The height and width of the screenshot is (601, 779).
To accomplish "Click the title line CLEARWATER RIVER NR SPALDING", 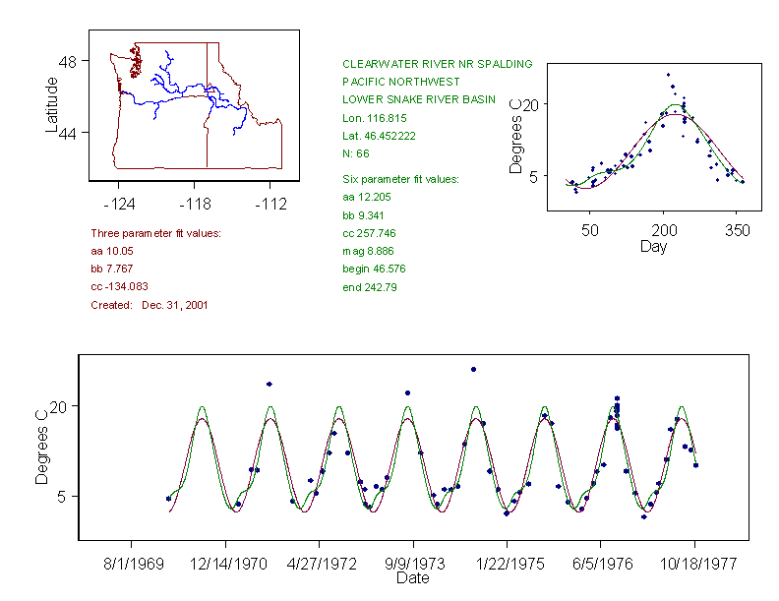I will [437, 64].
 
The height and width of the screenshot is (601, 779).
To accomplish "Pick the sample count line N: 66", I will [356, 153].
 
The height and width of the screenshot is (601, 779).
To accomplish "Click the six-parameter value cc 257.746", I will [369, 234].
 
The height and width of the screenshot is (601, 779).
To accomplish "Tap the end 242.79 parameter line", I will [369, 287].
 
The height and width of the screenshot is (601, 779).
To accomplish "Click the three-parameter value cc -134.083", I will [119, 287].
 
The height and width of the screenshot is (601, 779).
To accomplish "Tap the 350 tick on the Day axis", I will [738, 230].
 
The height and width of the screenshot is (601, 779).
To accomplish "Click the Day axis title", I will [652, 246].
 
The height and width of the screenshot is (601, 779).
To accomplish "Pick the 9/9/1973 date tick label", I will [412, 565].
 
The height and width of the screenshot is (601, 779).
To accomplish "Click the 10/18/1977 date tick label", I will [694, 565].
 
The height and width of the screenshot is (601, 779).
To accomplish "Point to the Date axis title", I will [412, 578].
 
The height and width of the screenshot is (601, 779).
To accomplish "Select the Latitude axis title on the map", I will [52, 104].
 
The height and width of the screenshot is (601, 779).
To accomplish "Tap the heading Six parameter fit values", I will [393, 179].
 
